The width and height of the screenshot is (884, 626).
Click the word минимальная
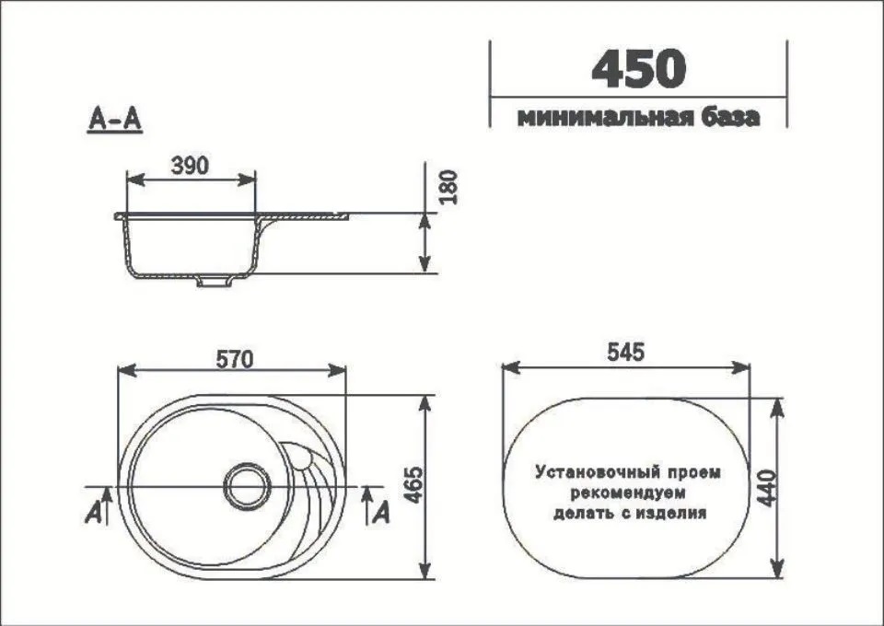[594, 118]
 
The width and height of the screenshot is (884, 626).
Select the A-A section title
[114, 120]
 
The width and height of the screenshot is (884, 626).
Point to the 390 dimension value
[191, 165]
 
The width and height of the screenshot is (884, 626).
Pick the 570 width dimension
[234, 358]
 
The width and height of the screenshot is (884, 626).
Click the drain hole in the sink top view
[247, 482]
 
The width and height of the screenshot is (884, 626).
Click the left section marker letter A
[94, 514]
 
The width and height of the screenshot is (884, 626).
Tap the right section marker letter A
[381, 514]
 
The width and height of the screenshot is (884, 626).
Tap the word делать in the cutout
[581, 514]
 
